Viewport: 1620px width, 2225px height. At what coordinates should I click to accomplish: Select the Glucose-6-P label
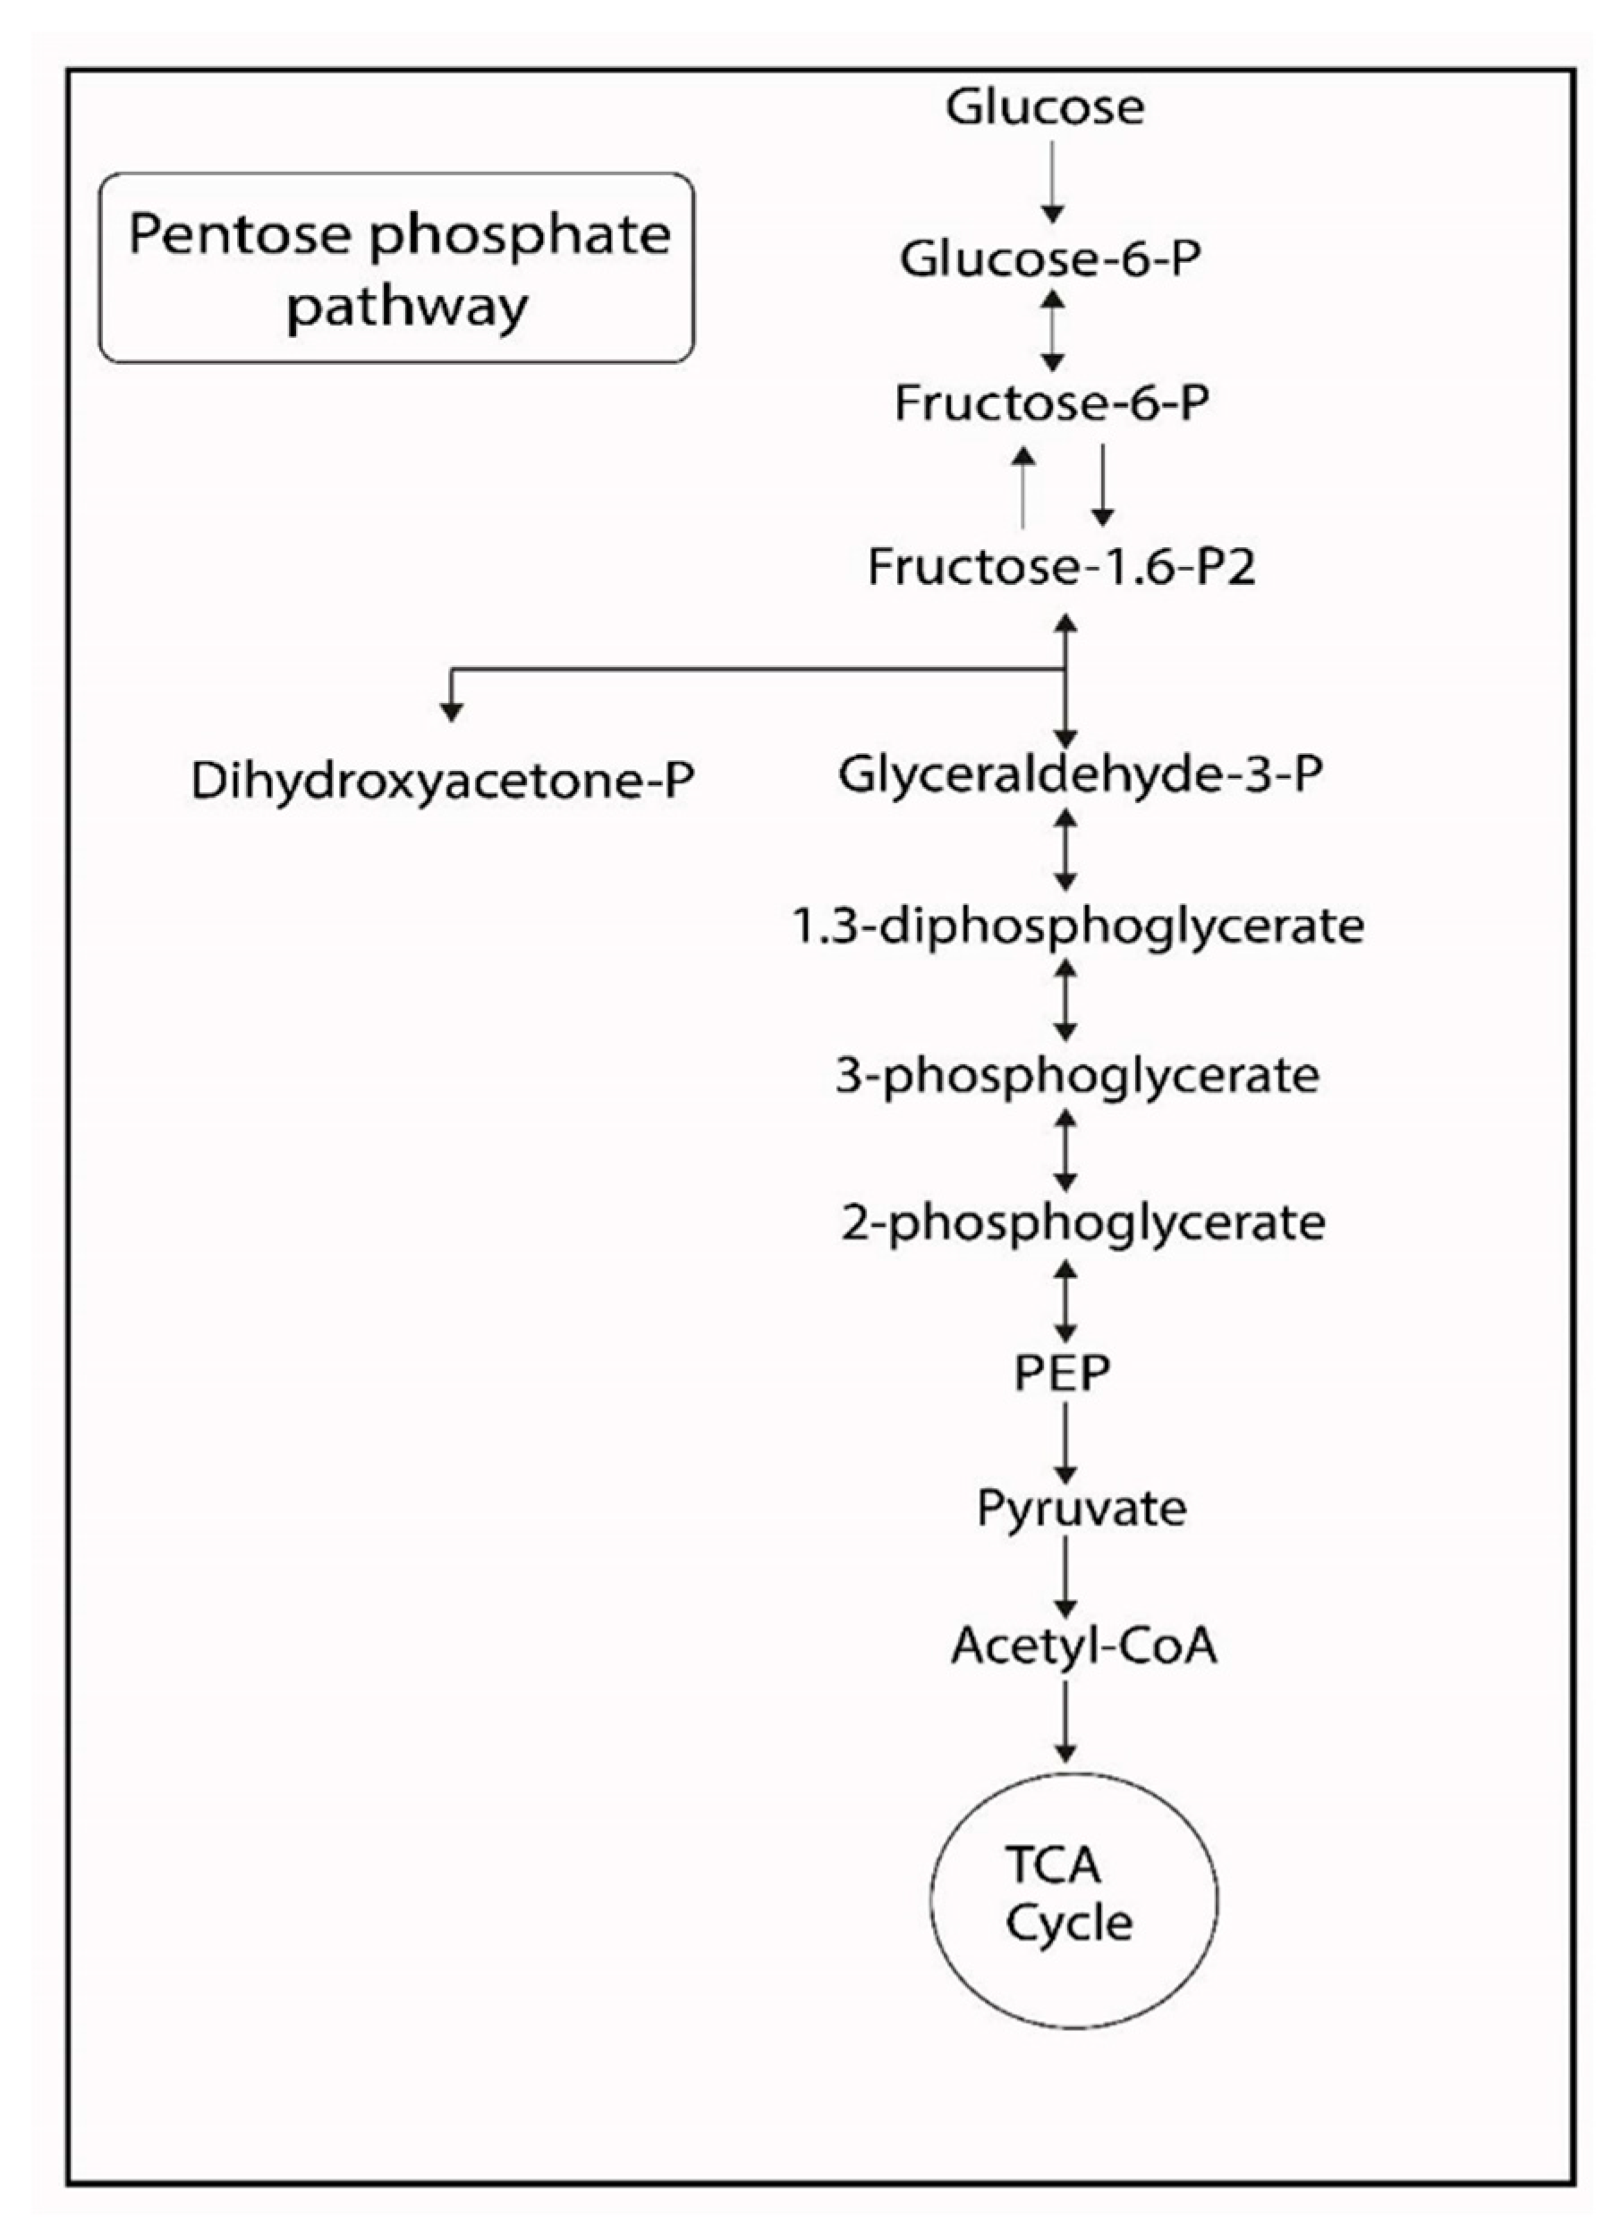pos(1050,259)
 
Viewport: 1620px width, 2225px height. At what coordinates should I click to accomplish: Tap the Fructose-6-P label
pos(1051,402)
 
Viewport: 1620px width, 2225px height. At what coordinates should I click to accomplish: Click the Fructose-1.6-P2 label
pos(1061,566)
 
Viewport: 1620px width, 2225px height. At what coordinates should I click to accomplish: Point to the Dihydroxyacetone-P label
pos(443,781)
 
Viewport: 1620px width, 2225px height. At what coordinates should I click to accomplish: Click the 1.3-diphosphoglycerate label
pos(1077,925)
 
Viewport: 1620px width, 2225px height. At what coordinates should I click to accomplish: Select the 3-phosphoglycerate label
pos(1076,1075)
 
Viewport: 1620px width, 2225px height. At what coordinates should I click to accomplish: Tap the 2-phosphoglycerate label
pos(1082,1222)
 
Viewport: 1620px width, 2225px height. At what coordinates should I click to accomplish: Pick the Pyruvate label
pos(1081,1507)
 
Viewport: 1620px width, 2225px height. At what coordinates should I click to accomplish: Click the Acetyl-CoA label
pos(1083,1645)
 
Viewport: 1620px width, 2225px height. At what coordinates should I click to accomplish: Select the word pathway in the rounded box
pos(407,307)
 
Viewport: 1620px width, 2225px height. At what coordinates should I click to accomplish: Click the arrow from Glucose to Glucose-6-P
pos(1052,182)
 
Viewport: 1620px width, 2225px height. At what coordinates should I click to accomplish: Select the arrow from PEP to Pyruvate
pos(1064,1440)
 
